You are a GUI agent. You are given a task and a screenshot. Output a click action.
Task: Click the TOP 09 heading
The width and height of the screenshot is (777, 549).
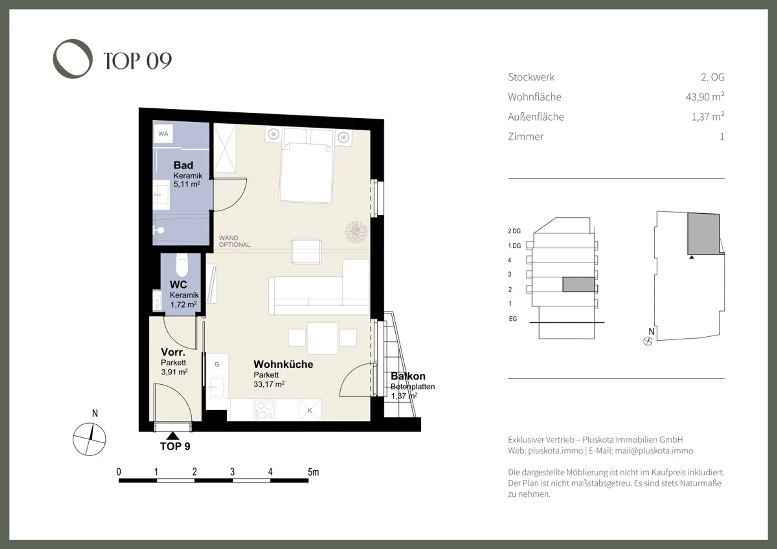138,61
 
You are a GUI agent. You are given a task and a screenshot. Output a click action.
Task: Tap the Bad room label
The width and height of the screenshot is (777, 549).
183,165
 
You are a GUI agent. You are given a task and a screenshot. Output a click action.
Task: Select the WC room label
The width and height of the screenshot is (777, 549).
178,284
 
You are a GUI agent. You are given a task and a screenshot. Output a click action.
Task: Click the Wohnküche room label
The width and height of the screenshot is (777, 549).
283,364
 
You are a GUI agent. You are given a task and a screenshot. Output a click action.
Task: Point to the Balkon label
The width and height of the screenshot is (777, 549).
408,376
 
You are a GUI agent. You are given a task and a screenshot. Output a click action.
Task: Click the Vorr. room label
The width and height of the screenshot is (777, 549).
173,352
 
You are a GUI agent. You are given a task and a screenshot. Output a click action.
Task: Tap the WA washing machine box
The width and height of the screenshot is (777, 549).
163,134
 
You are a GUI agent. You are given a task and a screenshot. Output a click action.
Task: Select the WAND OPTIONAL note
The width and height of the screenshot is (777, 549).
234,241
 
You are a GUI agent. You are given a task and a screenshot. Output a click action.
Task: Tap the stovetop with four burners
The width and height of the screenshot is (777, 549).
264,410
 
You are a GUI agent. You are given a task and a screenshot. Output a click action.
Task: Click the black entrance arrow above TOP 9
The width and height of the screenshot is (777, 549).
173,436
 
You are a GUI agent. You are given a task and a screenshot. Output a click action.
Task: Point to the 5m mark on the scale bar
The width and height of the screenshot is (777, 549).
313,472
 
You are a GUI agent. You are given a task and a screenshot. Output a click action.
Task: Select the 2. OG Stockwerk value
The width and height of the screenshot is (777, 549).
713,77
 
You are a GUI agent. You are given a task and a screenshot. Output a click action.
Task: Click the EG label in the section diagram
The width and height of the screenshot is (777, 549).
513,319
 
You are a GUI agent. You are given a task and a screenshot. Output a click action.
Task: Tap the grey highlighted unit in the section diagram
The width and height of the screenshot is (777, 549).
579,284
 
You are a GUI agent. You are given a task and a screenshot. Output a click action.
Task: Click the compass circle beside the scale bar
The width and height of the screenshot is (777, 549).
89,439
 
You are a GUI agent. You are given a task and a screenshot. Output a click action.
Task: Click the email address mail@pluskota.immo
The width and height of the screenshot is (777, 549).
654,451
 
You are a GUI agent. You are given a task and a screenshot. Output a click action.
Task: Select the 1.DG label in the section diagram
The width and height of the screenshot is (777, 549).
514,246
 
